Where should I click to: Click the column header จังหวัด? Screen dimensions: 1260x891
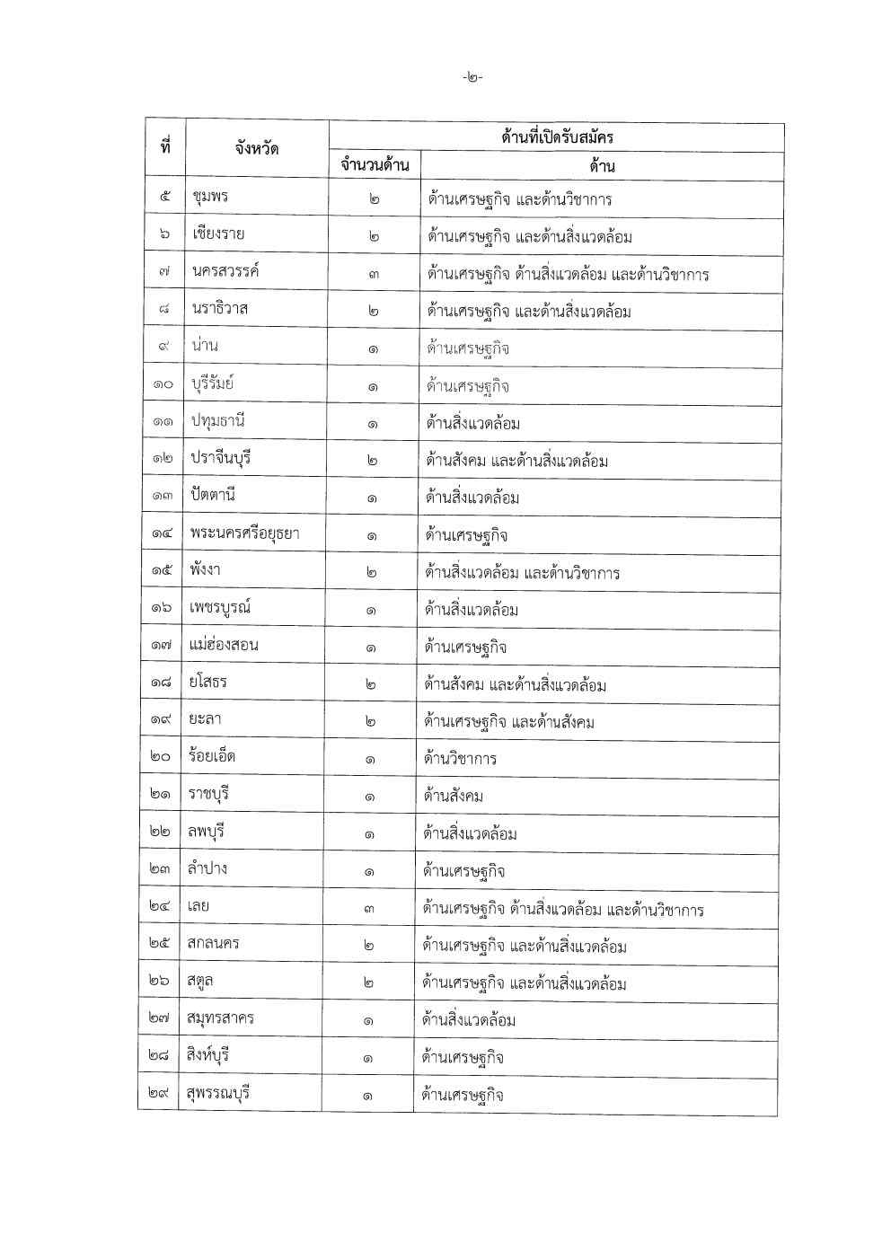pyautogui.click(x=256, y=148)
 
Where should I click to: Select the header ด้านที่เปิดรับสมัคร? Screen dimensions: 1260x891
pyautogui.click(x=557, y=137)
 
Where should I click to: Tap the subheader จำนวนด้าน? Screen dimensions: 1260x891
pyautogui.click(x=375, y=165)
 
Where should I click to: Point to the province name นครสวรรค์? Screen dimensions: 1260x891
pyautogui.click(x=225, y=272)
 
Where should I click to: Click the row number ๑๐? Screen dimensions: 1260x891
pyautogui.click(x=163, y=385)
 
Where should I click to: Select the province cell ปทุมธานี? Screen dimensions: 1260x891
pyautogui.click(x=218, y=421)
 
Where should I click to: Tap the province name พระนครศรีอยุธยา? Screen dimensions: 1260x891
pyautogui.click(x=244, y=534)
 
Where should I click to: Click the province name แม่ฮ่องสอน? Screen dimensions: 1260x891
pyautogui.click(x=224, y=646)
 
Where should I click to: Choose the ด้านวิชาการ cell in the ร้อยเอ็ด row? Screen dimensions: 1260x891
pyautogui.click(x=460, y=759)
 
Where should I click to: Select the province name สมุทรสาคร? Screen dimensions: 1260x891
pyautogui.click(x=221, y=1018)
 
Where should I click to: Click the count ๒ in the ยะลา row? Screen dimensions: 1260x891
pyautogui.click(x=370, y=722)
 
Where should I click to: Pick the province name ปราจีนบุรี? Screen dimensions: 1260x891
pyautogui.click(x=221, y=459)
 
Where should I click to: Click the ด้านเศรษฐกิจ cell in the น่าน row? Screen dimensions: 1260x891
pyautogui.click(x=468, y=348)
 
